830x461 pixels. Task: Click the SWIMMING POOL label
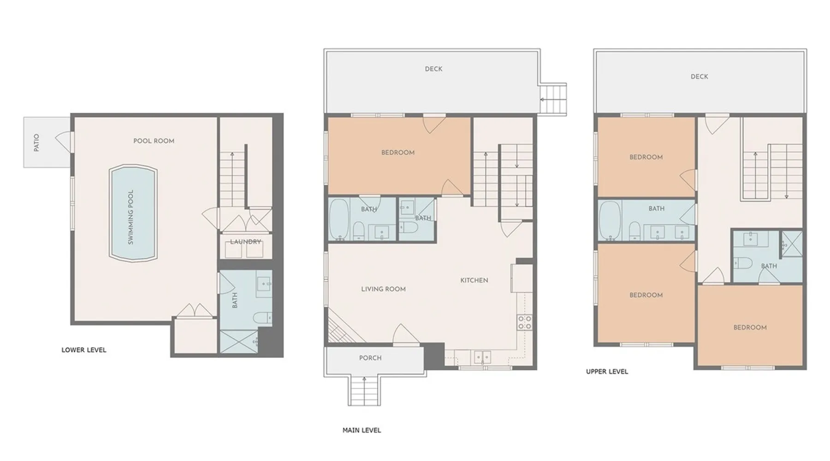[130, 217]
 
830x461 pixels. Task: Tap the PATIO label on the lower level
[36, 142]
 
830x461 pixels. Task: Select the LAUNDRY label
[245, 242]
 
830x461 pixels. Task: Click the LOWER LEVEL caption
[84, 350]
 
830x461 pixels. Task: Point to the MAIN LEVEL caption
[362, 430]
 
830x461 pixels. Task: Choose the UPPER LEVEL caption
[607, 372]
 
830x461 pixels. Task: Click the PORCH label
[370, 358]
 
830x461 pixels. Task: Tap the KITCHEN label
[474, 280]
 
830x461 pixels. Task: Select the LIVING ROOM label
[383, 289]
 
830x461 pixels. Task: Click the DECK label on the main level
[433, 69]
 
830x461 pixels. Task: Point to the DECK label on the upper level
[699, 77]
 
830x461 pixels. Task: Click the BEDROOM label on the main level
[398, 153]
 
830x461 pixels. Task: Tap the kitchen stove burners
[524, 322]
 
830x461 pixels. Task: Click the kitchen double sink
[483, 357]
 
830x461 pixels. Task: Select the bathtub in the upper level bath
[610, 221]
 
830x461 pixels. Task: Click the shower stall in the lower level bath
[239, 342]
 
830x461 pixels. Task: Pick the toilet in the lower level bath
[262, 318]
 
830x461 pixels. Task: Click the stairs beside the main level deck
[553, 99]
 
